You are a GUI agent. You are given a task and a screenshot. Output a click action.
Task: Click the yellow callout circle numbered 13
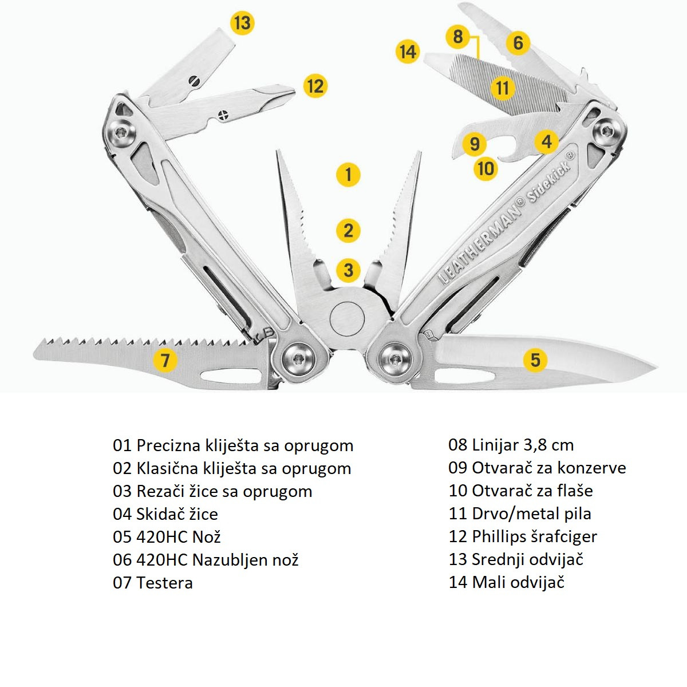pos(242,23)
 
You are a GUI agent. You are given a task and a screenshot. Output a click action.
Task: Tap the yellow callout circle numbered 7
pos(165,360)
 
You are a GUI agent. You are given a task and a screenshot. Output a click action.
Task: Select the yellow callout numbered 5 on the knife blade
pos(535,360)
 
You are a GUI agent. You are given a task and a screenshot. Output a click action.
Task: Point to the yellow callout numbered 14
pos(407,52)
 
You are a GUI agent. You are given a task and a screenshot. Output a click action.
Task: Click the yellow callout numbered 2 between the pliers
pos(348,231)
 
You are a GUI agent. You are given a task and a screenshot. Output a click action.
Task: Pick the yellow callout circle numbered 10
pos(485,168)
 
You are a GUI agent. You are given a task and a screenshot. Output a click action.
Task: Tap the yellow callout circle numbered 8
pos(457,37)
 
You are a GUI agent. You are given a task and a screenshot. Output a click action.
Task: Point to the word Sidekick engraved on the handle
pos(550,178)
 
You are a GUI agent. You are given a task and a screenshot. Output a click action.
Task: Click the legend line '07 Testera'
pos(153,583)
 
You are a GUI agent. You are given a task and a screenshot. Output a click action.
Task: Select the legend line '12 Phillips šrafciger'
pos(523,536)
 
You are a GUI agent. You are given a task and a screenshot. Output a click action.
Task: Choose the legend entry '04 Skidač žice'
pos(165,514)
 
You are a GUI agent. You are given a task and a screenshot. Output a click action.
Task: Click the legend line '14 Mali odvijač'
pos(507,582)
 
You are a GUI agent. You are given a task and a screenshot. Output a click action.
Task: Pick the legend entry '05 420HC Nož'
pos(167,537)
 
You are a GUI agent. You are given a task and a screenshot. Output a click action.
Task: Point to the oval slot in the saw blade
pos(226,377)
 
